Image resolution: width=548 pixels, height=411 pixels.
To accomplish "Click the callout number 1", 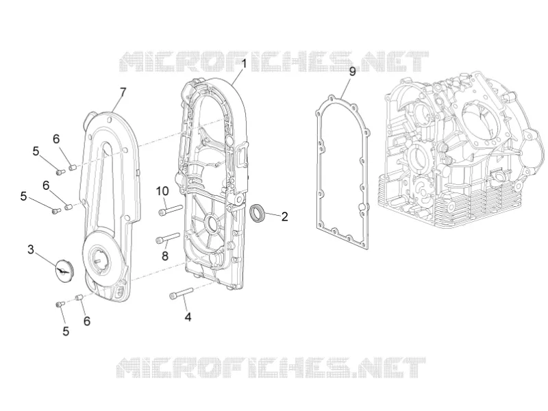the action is click(x=244, y=64).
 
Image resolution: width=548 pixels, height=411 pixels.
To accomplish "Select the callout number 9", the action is click(x=352, y=71).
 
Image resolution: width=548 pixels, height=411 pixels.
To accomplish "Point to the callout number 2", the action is click(x=284, y=216).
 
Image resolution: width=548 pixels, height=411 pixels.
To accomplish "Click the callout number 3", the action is click(x=31, y=249).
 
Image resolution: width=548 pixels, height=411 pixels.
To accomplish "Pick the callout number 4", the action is click(x=188, y=317).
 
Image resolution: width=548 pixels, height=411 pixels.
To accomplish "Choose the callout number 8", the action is click(x=165, y=256).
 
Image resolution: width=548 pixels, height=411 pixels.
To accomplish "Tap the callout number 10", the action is click(x=162, y=191).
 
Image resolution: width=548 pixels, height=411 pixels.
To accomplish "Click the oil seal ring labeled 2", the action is click(x=258, y=213).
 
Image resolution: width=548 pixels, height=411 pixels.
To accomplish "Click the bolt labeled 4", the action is click(x=181, y=293).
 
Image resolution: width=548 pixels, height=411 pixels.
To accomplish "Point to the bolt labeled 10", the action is click(x=170, y=210).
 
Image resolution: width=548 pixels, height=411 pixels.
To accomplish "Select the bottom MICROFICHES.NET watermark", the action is click(x=271, y=368).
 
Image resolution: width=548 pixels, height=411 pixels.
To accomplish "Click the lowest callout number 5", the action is click(x=66, y=331).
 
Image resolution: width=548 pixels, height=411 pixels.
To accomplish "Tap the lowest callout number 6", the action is click(x=87, y=321).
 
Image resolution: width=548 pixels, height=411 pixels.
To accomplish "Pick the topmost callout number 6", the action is click(x=56, y=139).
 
